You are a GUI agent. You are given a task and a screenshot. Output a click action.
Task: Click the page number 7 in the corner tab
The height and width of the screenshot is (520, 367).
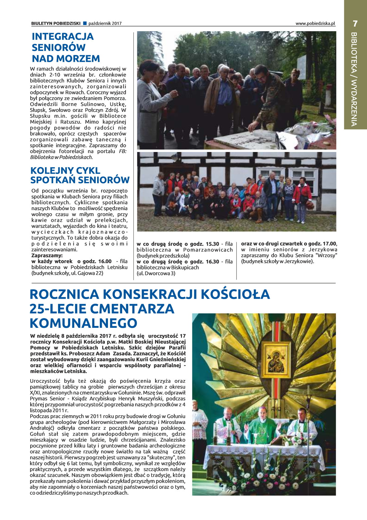click(x=355, y=23)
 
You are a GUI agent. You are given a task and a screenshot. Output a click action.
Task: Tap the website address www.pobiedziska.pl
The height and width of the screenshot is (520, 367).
click(x=315, y=23)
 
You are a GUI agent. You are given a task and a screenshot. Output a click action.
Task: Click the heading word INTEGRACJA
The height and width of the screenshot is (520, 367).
click(x=63, y=36)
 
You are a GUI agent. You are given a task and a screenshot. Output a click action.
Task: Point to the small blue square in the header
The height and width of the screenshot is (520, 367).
click(x=85, y=23)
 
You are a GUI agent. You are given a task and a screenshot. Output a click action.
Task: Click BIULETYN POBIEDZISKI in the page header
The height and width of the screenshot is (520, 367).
click(x=56, y=23)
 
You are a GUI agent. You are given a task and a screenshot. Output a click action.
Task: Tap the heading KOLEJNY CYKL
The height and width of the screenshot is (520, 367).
click(x=65, y=171)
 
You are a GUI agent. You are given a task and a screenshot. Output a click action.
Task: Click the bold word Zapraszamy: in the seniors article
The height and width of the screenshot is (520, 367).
click(x=47, y=256)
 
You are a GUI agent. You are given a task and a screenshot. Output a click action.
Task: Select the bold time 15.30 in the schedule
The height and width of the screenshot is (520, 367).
click(x=212, y=244)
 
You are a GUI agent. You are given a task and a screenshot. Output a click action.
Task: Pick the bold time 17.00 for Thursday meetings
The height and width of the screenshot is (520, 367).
click(x=330, y=243)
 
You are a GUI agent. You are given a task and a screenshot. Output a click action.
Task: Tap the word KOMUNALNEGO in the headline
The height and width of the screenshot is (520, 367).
click(x=83, y=323)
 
